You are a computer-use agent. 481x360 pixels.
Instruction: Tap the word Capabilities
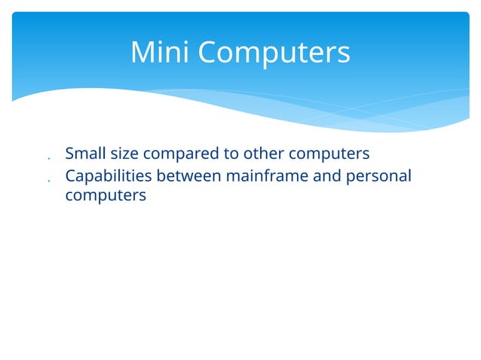108,176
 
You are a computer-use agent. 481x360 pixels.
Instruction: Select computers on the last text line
106,196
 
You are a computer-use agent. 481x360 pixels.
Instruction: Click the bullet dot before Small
47,159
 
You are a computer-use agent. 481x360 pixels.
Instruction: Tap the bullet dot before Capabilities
47,181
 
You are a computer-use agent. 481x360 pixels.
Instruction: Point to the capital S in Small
70,154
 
